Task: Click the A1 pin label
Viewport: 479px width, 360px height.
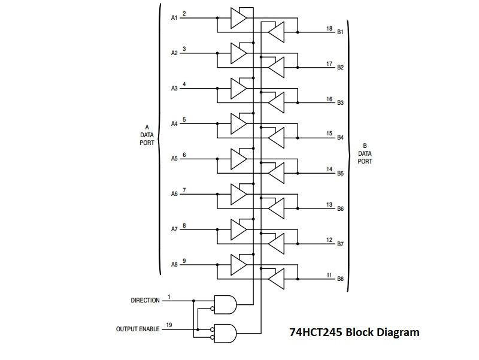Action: pos(174,17)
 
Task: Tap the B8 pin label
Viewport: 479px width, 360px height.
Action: pos(340,279)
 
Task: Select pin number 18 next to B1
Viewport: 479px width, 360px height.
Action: pos(329,28)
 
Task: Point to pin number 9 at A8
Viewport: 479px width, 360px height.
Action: pos(184,261)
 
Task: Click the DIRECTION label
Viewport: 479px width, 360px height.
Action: pos(145,300)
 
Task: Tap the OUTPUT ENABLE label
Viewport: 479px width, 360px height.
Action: pos(138,329)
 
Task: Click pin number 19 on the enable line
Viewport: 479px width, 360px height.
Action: pos(169,325)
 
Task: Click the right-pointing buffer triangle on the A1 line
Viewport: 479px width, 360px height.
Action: pos(238,18)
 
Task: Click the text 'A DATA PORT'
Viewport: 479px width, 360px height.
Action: pos(147,135)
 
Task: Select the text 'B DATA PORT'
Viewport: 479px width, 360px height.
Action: pos(365,153)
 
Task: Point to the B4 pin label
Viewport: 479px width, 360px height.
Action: pos(340,138)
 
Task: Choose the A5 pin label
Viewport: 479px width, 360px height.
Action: pos(174,159)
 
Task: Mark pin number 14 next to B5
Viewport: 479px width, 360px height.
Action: pos(329,170)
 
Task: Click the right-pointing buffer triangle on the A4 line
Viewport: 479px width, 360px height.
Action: pos(238,124)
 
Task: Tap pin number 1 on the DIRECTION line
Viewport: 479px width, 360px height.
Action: pos(169,297)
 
